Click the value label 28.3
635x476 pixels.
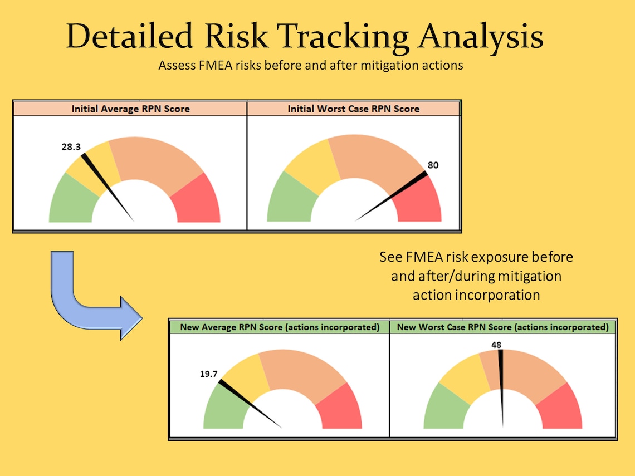pos(71,147)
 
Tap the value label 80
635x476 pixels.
pos(433,165)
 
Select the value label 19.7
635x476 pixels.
pos(208,374)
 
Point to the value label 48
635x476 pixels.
pos(496,345)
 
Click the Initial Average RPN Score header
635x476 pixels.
pos(130,109)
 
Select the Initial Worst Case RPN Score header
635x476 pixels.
pos(353,109)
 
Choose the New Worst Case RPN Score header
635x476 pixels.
pos(502,327)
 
